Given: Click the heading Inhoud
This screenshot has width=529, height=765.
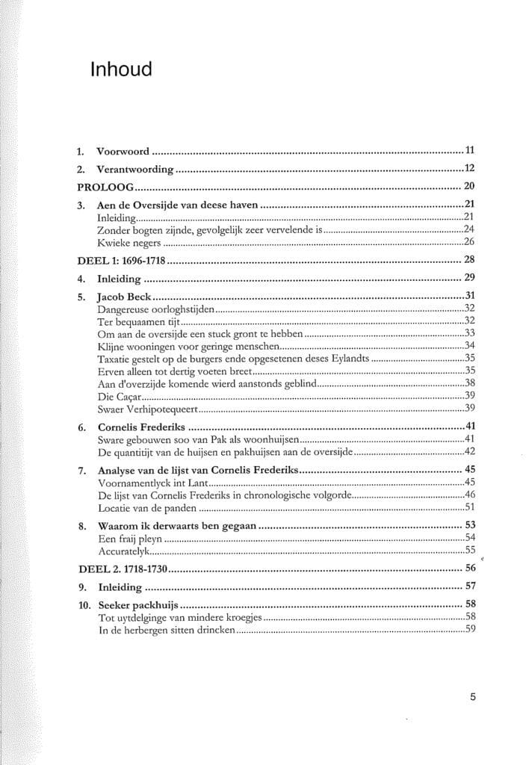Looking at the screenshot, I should coord(120,69).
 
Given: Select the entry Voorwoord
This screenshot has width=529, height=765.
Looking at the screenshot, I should coord(123,151).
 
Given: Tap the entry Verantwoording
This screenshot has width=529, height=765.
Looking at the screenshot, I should coord(135,170).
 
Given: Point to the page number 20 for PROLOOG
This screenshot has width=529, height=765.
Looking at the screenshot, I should coord(470,187).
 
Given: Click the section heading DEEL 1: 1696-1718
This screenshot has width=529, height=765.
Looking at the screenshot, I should coord(121,261).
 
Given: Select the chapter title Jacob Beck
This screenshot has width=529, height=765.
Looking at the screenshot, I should coord(124,296).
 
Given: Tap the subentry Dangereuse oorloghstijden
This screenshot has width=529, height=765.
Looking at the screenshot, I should coord(155,308).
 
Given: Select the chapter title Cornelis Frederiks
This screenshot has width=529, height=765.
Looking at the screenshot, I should coord(141,427).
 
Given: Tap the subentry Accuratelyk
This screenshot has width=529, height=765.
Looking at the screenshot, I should coord(125,551).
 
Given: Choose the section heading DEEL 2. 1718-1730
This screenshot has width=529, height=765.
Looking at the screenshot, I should coord(122,569).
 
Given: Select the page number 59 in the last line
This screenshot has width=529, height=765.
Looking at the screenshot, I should coord(470,629).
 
